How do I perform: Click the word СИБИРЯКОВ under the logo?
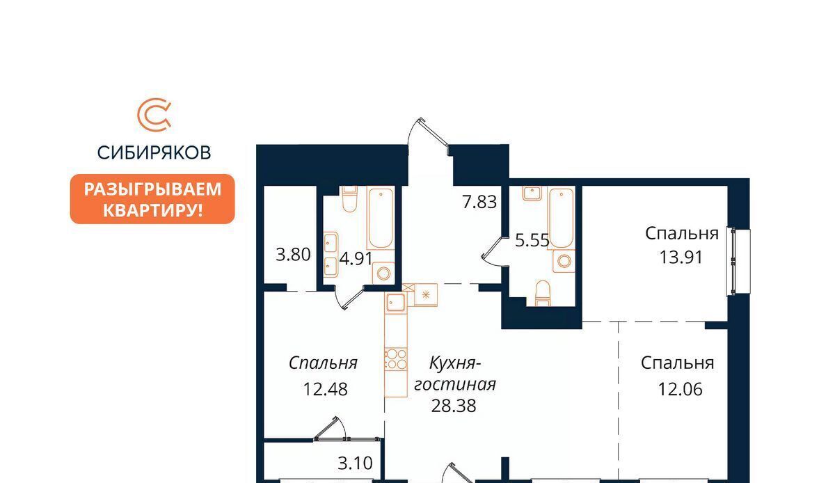pos(154,152)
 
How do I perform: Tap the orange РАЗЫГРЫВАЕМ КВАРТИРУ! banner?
pos(152,199)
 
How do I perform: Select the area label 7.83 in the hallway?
pos(479,202)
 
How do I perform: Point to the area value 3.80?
pos(293,255)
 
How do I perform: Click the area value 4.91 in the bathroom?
pos(356,258)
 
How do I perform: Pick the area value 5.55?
pos(532,240)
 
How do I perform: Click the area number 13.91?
pos(681,257)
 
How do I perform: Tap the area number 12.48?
pos(326,389)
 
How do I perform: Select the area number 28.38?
pos(454,406)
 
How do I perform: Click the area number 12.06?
pos(680,389)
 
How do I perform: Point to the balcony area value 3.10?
pos(355,463)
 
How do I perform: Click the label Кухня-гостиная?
pos(455,374)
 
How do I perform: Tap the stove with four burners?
pos(395,359)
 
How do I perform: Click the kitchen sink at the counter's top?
pos(395,303)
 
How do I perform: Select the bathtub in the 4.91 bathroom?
pos(381,219)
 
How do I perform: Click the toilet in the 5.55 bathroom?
pos(543,294)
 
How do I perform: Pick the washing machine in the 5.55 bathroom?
pos(564,261)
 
